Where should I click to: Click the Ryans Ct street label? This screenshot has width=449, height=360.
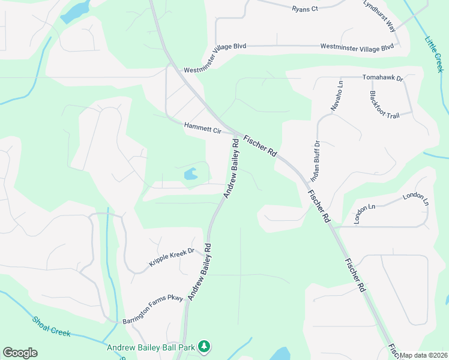[305, 9]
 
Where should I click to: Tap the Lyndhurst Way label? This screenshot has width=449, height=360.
[380, 16]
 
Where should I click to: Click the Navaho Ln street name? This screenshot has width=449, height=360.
[336, 95]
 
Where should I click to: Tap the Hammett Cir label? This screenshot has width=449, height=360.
[203, 128]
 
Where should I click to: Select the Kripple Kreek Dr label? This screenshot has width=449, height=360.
[172, 258]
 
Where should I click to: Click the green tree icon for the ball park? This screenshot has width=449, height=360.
[205, 347]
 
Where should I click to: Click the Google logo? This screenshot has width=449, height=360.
[20, 353]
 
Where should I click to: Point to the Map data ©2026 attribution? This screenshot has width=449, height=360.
[424, 355]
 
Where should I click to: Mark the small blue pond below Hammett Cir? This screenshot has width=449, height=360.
[190, 175]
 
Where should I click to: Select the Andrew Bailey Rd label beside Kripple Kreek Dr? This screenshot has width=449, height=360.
[200, 271]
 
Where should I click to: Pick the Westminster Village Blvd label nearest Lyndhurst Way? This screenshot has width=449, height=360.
[357, 46]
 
